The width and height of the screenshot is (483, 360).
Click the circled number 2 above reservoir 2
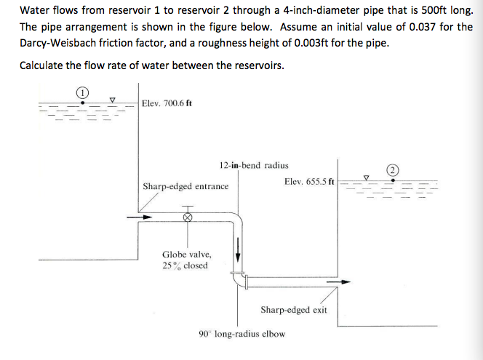point(394,169)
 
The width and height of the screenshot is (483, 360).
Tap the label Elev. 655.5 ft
point(309,181)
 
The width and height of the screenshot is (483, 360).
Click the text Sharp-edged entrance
point(185,187)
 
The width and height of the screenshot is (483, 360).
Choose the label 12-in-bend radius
point(253,166)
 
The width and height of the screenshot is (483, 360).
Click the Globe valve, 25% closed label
point(186,260)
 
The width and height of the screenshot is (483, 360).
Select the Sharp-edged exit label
point(293,310)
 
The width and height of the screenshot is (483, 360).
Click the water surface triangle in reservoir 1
point(111,100)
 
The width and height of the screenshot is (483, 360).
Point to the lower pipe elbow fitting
point(236,279)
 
